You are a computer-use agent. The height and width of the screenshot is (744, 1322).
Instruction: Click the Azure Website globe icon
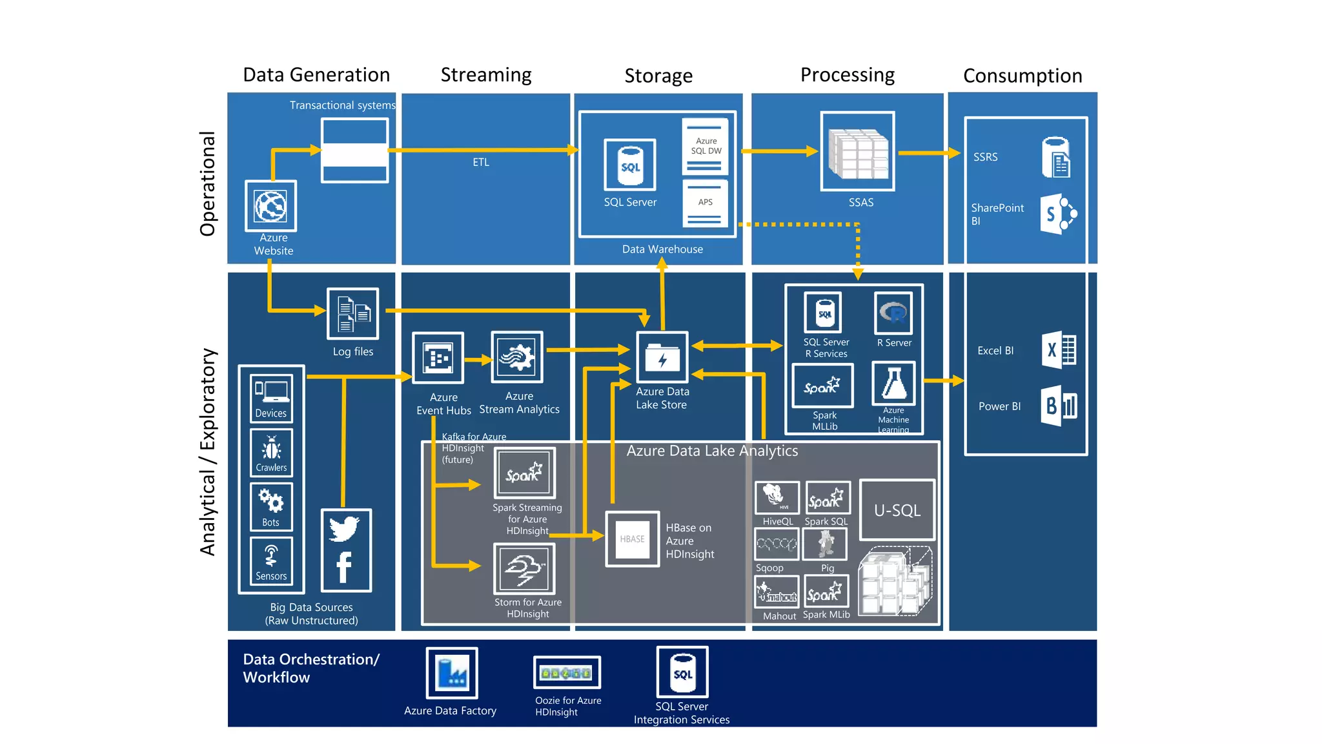coord(270,206)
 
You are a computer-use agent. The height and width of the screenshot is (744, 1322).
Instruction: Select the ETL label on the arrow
coord(481,162)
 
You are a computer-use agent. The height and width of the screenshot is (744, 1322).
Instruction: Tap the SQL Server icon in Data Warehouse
coord(630,165)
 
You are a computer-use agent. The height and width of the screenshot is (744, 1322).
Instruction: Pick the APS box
coord(705,203)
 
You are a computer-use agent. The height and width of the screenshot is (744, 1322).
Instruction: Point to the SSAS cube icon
coord(858,152)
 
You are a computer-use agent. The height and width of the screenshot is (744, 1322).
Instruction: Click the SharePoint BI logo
coord(1058,213)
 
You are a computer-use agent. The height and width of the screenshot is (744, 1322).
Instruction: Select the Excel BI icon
coord(1059,350)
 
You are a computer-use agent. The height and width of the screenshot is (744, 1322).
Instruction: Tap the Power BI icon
coord(1059,406)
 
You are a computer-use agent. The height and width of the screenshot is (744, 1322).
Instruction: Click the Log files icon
coord(352,314)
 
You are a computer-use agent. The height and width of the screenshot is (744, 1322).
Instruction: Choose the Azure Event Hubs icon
coord(438,358)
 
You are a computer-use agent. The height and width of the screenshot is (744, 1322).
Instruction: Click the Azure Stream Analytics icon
coord(517,357)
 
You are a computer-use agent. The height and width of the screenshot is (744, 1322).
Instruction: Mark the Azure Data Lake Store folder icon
coord(662,357)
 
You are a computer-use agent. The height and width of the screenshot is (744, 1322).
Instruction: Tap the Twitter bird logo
coord(345,528)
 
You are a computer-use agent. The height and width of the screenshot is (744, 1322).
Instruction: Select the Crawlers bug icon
coord(271,448)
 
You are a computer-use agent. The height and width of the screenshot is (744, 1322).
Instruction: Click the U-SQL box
coord(897,510)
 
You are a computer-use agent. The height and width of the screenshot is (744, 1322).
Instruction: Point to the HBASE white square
coord(632,539)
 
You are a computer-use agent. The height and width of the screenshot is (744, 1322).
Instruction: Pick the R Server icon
coord(894,313)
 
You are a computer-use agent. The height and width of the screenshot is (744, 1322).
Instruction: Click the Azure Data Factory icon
coord(452,673)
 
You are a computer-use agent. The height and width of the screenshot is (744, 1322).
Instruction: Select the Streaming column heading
coord(486,75)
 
